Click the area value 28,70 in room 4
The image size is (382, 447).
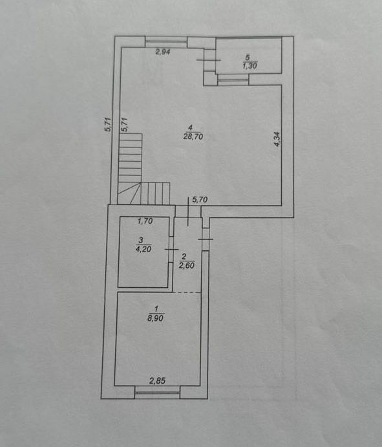pos(193,137)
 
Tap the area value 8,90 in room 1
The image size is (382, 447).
pos(156,318)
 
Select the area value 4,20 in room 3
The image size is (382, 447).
pos(144,249)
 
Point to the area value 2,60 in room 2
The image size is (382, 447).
pos(187,265)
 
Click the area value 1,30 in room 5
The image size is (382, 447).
pos(250,66)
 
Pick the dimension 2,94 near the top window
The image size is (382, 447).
pos(163,52)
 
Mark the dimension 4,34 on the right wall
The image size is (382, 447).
pos(277,139)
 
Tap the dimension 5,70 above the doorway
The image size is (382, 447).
pos(200,199)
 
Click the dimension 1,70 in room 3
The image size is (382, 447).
pos(145,221)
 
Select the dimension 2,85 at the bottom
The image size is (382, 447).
pos(158,380)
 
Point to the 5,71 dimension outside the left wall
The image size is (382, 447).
pos(109,125)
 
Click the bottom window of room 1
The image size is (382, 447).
pos(157,393)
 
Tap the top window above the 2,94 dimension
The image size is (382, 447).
pos(166,42)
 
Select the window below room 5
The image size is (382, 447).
pos(233,80)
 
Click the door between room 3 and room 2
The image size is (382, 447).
pos(171,249)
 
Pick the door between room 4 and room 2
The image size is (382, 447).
pos(188,212)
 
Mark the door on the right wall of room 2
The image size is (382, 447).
pos(206,239)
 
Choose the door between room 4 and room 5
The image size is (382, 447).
pos(209,60)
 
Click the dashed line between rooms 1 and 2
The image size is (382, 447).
pos(187,292)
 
